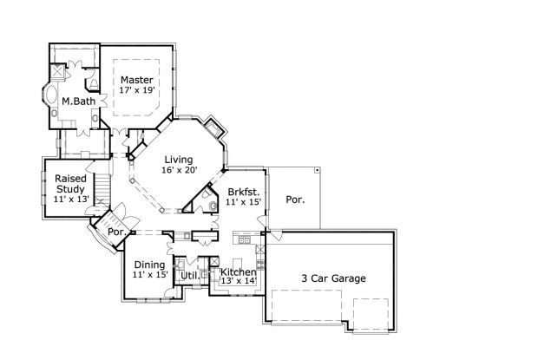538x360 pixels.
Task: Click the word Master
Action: [137, 81]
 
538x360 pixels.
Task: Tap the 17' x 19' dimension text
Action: [137, 91]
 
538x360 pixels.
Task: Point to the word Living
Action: [180, 159]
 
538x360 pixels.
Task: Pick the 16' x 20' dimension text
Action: [180, 170]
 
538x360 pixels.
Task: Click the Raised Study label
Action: [70, 183]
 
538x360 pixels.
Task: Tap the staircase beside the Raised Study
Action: [102, 186]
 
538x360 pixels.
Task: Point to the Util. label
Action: [189, 275]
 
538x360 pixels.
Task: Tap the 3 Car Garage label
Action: [333, 278]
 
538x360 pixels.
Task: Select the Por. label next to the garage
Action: [295, 199]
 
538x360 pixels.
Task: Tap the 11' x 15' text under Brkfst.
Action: [244, 201]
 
